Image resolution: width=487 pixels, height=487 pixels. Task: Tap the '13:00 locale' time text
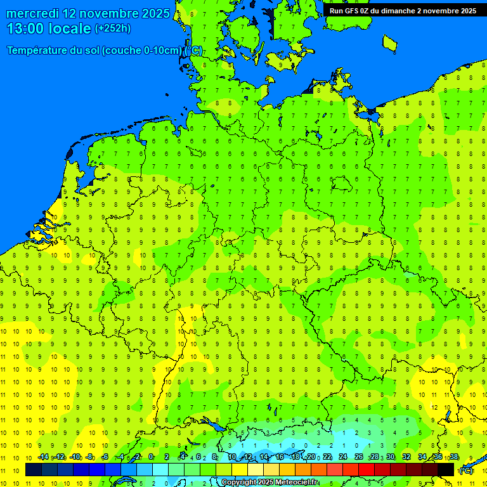pos(49,29)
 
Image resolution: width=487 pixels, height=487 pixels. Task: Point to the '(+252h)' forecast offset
pos(113,29)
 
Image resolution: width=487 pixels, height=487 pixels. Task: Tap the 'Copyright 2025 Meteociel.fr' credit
pos(269,482)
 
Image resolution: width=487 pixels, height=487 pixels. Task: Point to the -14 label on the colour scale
pos(43,457)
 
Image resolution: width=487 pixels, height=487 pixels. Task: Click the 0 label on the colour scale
pos(151,457)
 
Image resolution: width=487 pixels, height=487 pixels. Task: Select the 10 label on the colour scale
pos(232,457)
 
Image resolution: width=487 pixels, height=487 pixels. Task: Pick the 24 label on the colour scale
pos(343,457)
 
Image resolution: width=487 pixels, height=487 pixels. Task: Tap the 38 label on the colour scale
pos(454,457)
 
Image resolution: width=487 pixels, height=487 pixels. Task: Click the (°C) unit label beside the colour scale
pos(466,471)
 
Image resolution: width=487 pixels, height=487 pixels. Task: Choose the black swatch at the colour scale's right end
pos(446,470)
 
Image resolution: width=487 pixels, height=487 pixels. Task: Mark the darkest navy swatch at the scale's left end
pos(34,470)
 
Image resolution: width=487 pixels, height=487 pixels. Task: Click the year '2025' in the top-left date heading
pos(155,13)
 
